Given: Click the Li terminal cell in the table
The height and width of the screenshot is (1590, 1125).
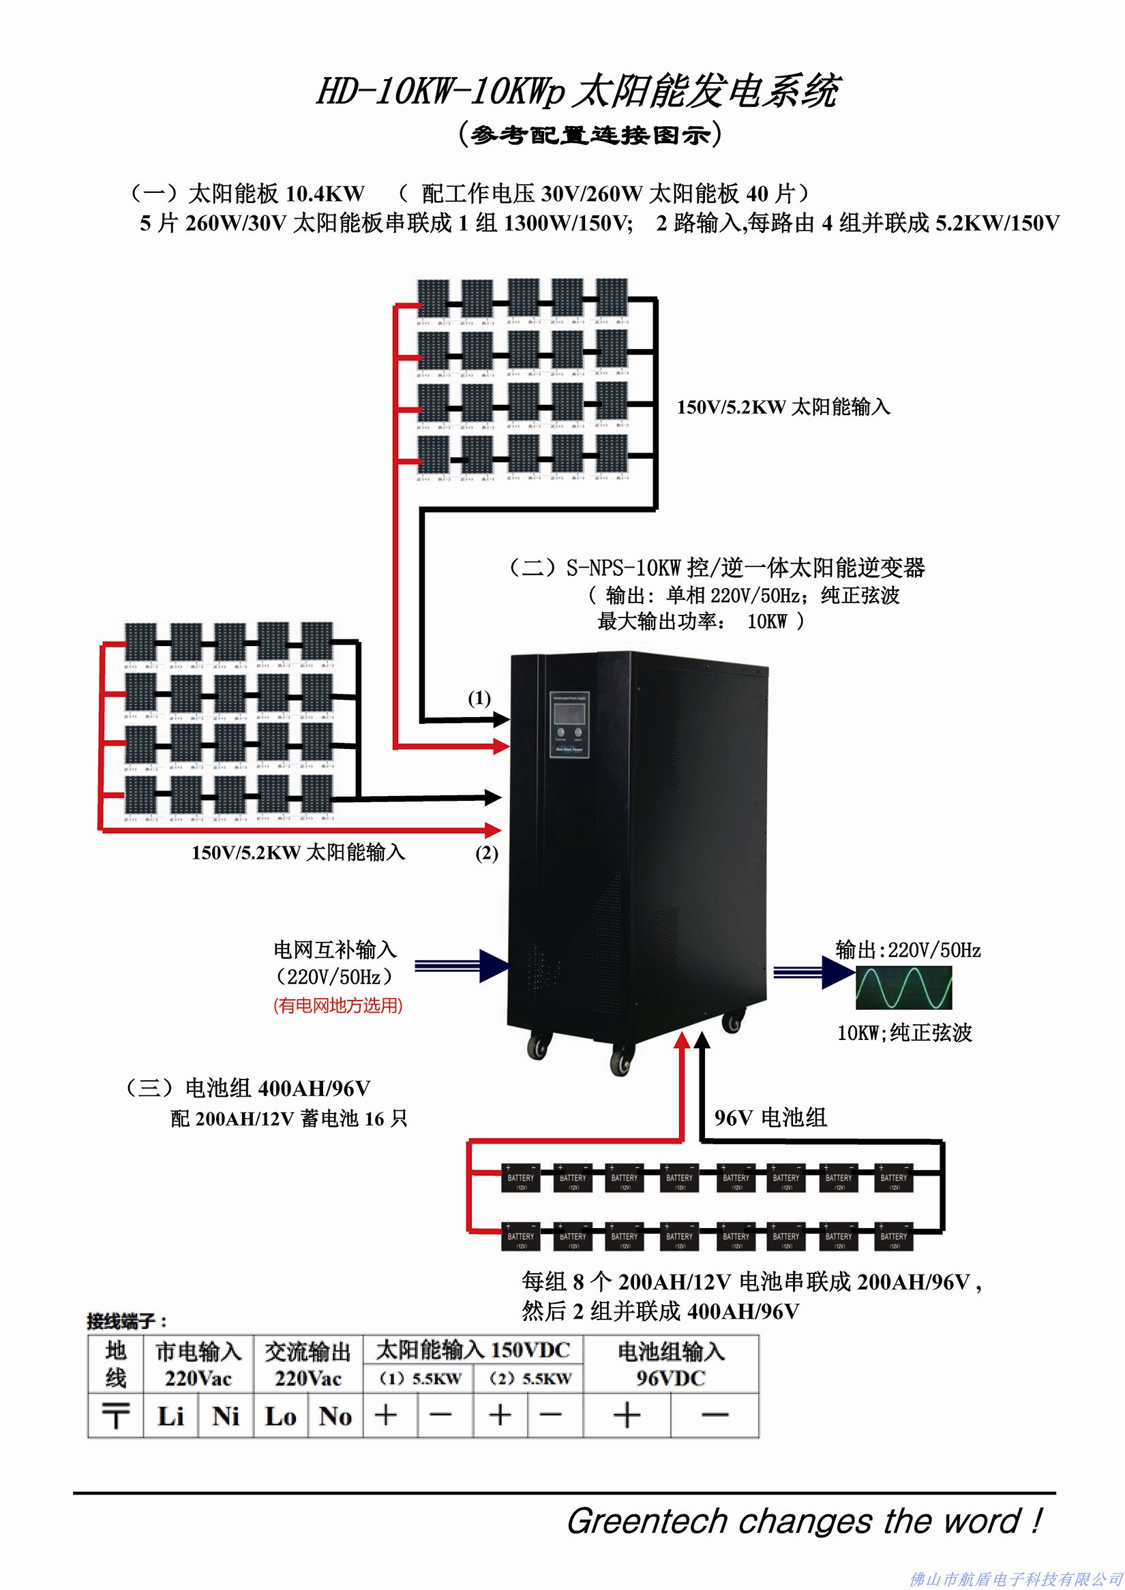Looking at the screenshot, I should click(170, 1416).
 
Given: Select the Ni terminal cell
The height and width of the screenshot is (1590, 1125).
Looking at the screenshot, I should click(226, 1416).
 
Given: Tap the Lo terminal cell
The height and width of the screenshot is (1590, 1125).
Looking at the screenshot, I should click(280, 1416).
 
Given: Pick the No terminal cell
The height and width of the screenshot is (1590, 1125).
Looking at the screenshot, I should click(335, 1416).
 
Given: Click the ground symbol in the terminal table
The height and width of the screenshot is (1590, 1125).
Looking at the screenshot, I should click(115, 1416).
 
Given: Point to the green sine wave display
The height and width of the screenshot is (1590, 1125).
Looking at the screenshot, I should click(904, 987).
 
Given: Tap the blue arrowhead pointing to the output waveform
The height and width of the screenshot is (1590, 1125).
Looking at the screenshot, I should click(837, 972).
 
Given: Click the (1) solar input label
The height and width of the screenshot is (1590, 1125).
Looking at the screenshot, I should click(479, 698).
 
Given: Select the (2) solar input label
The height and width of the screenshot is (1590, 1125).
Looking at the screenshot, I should click(486, 853).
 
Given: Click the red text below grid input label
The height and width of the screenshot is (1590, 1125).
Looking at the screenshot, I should click(338, 1005).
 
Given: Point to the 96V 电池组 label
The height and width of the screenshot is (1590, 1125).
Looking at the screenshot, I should click(770, 1117).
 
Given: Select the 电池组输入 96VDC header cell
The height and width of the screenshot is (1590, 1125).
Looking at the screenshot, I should click(670, 1364).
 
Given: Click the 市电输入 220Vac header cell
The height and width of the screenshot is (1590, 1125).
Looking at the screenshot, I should click(198, 1364).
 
